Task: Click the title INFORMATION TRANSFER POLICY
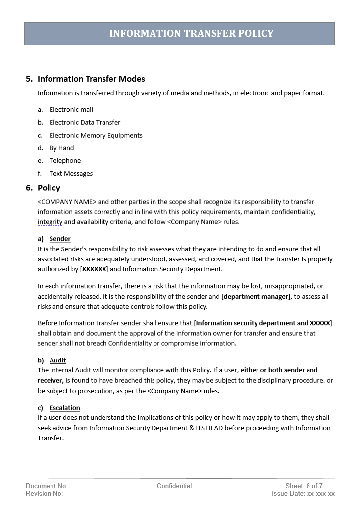click(191, 34)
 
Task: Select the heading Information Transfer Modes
click(91, 79)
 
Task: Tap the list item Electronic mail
click(71, 110)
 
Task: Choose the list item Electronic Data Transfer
click(85, 123)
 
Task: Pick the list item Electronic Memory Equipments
click(96, 136)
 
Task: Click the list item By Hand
click(61, 148)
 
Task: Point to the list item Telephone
click(65, 161)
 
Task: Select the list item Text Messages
click(71, 174)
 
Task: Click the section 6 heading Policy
click(49, 188)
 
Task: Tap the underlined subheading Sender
click(60, 239)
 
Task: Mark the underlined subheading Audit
click(57, 361)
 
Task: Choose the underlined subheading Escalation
click(64, 408)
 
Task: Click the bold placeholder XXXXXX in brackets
click(94, 269)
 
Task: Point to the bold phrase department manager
click(256, 297)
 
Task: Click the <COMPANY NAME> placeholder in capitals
click(67, 202)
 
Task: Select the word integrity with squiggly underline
click(50, 222)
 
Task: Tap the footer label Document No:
click(47, 486)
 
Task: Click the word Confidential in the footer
click(174, 486)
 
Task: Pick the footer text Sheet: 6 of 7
click(304, 486)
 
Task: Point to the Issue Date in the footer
click(303, 494)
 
